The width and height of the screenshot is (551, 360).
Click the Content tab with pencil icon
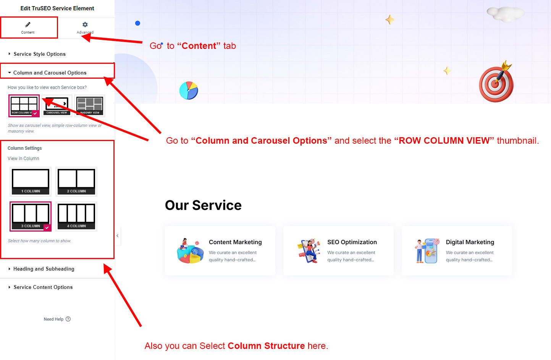click(28, 28)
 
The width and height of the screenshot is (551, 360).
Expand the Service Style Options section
click(39, 54)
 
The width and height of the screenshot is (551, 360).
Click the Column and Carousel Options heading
click(50, 73)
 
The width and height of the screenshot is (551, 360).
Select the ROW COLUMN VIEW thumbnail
click(24, 105)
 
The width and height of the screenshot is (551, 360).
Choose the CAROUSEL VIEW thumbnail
click(57, 105)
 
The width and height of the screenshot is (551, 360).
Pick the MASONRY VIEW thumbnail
click(90, 105)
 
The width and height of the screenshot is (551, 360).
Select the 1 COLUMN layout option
click(31, 182)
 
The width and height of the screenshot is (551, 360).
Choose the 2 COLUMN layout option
click(76, 182)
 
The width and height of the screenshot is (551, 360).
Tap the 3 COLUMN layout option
click(31, 216)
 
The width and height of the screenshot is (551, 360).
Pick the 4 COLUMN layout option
click(76, 216)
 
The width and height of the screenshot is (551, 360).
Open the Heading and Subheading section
click(44, 269)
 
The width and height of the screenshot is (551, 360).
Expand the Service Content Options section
click(43, 287)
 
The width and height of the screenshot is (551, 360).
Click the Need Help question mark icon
click(68, 319)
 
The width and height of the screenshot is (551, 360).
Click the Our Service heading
click(203, 205)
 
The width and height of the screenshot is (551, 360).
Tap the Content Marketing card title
click(235, 242)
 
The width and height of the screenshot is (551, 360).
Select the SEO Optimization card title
click(352, 242)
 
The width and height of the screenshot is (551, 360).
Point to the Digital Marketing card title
click(470, 242)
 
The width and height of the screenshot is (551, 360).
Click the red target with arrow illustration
click(496, 83)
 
